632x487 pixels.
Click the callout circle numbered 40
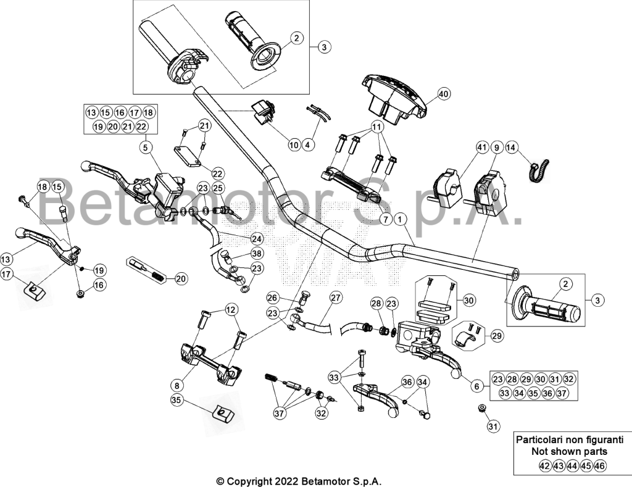pos(443,94)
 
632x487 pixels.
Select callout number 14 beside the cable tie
pos(510,148)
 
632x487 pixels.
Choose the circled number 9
pos(497,148)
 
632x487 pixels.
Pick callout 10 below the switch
pos(294,144)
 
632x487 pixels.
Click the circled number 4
pos(309,144)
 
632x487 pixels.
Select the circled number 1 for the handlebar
pos(400,220)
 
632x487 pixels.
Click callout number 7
pos(386,220)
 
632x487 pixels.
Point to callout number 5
pos(146,148)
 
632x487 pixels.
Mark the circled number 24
pos(256,239)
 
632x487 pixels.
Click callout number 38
pos(256,254)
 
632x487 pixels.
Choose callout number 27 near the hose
pos(336,298)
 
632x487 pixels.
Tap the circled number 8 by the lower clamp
pos(177,386)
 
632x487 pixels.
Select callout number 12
pos(231,310)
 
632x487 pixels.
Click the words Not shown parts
pos(569,452)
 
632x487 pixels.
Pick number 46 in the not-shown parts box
pos(600,466)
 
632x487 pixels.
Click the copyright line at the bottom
pos(299,481)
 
